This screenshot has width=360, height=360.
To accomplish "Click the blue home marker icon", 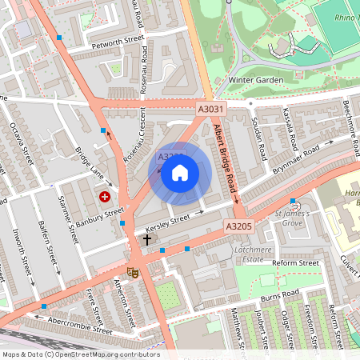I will pos(180,173).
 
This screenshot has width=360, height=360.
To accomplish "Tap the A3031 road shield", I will pos(211,109).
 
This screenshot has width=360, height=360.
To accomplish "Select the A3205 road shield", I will pos(238,227).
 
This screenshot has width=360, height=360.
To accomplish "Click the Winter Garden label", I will pos(256,80).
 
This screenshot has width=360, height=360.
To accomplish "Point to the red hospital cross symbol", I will pos(105,195).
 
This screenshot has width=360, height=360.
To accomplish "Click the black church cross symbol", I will pos(147,239).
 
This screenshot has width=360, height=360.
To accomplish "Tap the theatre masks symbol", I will pos(133,273).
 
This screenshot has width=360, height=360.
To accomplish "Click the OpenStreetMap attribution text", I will pos(80,354).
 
